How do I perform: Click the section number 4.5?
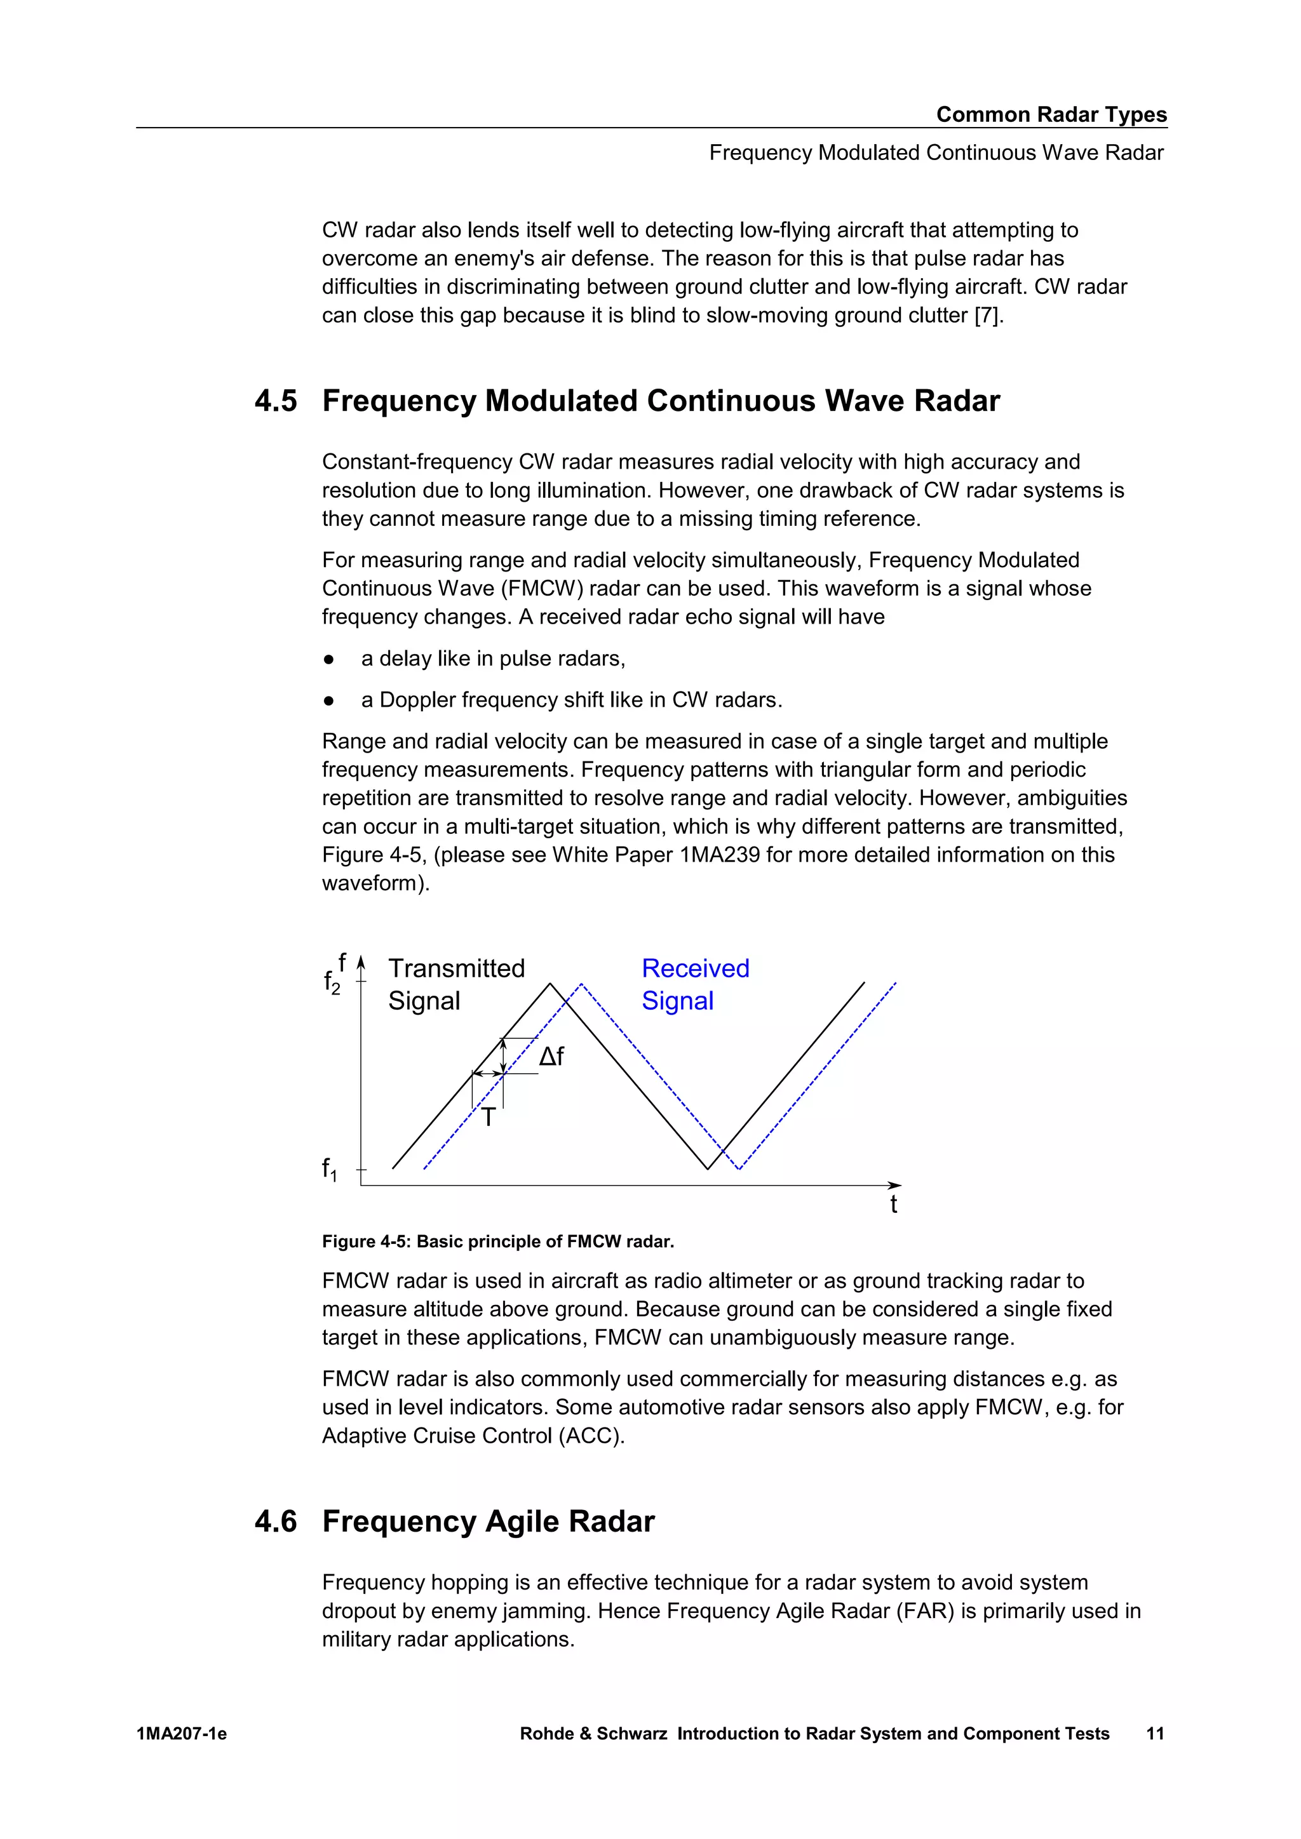coord(276,401)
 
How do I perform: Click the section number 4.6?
coord(276,1521)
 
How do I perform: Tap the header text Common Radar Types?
coord(1051,114)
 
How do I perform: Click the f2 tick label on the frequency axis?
coord(332,982)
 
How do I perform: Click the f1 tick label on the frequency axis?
coord(329,1170)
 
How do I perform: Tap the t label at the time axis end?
coord(893,1205)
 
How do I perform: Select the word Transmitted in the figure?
coord(456,968)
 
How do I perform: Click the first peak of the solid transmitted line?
coord(550,984)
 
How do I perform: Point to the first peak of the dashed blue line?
coord(581,984)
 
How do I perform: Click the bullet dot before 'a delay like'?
coord(328,659)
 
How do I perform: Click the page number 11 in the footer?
coord(1154,1734)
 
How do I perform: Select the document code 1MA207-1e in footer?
coord(182,1734)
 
